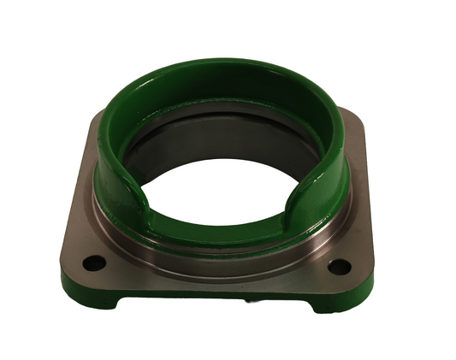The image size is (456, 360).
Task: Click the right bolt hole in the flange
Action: pos(339,266)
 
